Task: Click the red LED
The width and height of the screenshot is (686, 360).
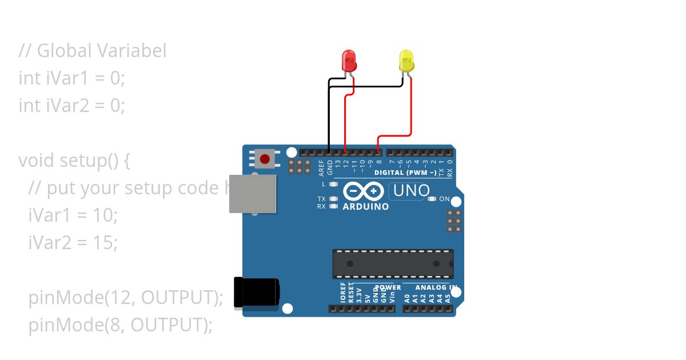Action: click(348, 60)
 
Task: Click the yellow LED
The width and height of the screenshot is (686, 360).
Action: click(406, 61)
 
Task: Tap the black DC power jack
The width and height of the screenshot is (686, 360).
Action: click(256, 292)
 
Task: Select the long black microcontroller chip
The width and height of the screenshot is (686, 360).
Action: click(393, 263)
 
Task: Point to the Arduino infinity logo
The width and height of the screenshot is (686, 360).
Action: click(363, 191)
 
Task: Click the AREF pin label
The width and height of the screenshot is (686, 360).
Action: click(322, 167)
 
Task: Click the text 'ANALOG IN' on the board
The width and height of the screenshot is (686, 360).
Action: click(436, 287)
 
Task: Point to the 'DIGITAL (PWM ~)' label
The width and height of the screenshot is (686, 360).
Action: click(405, 173)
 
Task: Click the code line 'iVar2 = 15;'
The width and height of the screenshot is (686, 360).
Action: click(73, 243)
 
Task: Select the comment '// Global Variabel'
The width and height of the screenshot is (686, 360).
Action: click(93, 51)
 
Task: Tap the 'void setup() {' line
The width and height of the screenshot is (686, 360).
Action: click(74, 161)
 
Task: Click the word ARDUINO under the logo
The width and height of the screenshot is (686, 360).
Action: click(366, 206)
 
